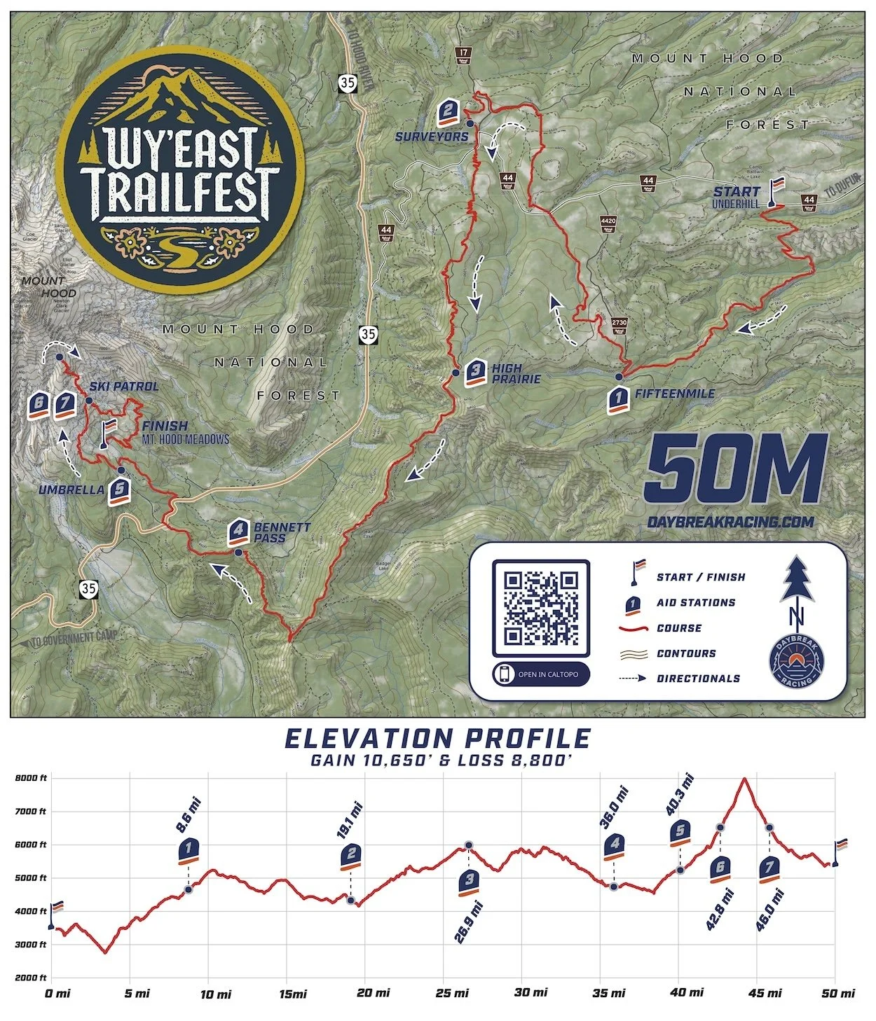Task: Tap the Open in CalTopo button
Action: coord(540,674)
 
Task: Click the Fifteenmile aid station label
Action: coord(674,394)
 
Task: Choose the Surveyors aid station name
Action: coord(431,137)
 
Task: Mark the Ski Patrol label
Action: coord(124,386)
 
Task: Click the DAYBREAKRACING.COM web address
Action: coord(731,522)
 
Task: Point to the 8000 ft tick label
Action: coord(32,778)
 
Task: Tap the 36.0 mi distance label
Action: coord(615,807)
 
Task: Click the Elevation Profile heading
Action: coord(437,739)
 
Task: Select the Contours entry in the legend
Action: coord(686,653)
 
